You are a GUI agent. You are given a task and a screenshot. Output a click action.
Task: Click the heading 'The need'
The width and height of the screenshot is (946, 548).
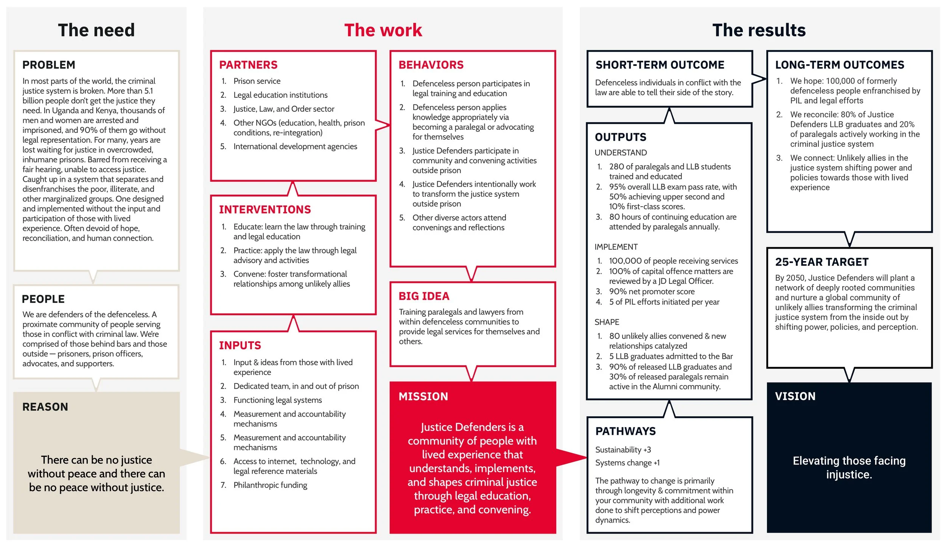[x=96, y=30]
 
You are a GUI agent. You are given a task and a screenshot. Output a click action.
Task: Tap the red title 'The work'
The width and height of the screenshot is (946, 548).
[x=383, y=30]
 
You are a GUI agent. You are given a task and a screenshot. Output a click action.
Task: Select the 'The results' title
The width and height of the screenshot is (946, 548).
[x=759, y=30]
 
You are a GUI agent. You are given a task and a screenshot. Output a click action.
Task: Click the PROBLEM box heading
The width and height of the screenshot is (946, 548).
[x=49, y=65]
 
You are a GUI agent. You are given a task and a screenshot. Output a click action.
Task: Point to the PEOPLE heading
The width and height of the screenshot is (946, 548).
[x=43, y=299]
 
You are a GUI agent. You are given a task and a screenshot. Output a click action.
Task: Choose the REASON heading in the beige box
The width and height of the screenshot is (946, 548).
[x=45, y=407]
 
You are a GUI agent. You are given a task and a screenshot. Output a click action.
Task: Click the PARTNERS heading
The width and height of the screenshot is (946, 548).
[x=248, y=65]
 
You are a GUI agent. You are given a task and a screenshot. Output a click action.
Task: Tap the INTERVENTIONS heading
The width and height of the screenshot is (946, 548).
[x=265, y=210]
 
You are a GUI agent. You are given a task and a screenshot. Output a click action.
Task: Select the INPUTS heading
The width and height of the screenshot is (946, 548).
[x=240, y=346]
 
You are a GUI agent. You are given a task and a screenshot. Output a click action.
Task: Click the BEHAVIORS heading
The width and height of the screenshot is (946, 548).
[x=431, y=65]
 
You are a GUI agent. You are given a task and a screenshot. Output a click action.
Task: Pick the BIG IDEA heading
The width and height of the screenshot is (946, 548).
[x=424, y=296]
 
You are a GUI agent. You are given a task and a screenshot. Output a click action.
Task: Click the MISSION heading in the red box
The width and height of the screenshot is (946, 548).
[x=423, y=397]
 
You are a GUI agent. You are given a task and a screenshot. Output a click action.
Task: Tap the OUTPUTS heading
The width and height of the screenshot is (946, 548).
[x=621, y=137]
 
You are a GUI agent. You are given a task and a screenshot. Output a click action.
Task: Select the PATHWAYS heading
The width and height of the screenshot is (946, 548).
[x=625, y=431]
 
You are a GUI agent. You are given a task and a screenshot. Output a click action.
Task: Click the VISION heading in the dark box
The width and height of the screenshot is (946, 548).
[x=795, y=396]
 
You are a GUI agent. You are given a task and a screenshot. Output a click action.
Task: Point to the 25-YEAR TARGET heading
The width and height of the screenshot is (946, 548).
[x=822, y=262]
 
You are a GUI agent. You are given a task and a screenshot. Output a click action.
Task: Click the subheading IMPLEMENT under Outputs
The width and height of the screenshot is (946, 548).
[x=616, y=247]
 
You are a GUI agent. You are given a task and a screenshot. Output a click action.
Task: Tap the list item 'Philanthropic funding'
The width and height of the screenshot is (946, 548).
[x=270, y=485]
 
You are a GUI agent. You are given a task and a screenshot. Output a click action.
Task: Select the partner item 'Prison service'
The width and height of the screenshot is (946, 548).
[x=257, y=81]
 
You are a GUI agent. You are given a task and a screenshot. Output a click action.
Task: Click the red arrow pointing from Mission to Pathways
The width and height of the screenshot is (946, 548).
[x=571, y=457]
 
